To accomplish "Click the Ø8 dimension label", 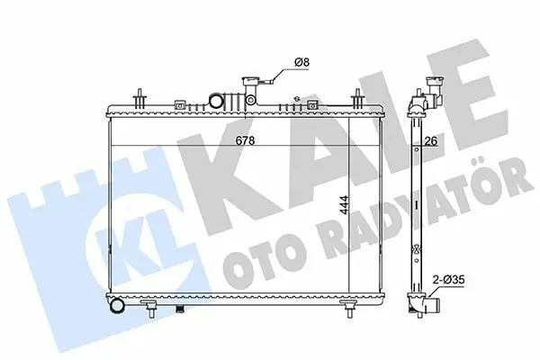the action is pyautogui.click(x=302, y=62).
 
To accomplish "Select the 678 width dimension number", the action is pyautogui.click(x=245, y=140).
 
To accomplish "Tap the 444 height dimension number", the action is pyautogui.click(x=344, y=206).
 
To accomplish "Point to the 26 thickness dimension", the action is pyautogui.click(x=430, y=141).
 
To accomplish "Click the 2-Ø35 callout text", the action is pyautogui.click(x=448, y=280).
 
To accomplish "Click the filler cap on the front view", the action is pyautogui.click(x=249, y=82).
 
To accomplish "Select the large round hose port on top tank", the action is pyautogui.click(x=216, y=101).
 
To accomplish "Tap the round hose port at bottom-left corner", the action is pyautogui.click(x=118, y=305).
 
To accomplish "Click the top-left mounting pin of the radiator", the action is pyautogui.click(x=139, y=98).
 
